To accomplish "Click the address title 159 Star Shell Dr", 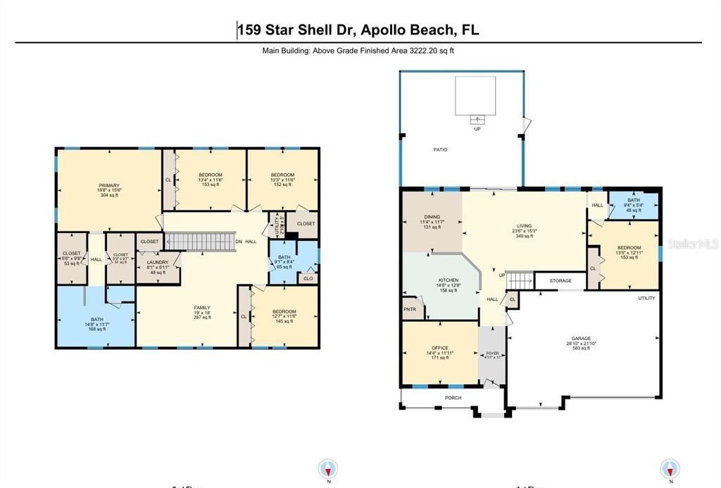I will tap(358, 30).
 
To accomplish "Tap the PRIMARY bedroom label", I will tap(108, 185).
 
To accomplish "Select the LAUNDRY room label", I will tap(157, 263).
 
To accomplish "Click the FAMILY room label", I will tap(202, 308).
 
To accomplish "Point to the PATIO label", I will tap(440, 149).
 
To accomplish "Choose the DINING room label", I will tap(432, 217).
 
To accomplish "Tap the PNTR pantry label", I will tap(409, 309).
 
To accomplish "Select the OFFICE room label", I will tap(440, 348).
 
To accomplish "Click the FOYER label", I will tap(491, 353).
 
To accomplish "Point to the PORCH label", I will tap(453, 397).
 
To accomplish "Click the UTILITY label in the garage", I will tap(646, 298).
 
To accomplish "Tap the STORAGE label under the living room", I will tap(560, 281).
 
